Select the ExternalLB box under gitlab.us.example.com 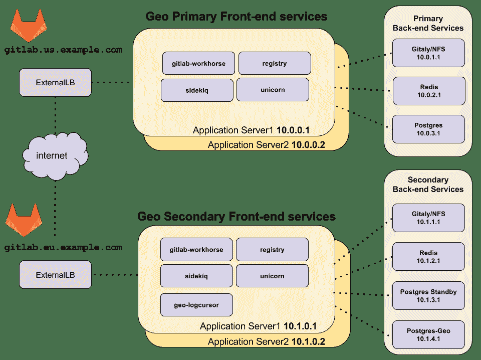[56, 82]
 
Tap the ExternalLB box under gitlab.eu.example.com [56, 274]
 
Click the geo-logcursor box [196, 305]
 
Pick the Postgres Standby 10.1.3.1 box [428, 296]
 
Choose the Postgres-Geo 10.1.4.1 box [428, 334]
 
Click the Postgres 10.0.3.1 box [428, 129]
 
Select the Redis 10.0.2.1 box [428, 91]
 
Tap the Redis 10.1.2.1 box [428, 257]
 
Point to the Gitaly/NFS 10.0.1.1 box [428, 53]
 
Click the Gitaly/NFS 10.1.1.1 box [428, 218]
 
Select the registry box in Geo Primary [274, 63]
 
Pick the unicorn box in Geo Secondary [272, 276]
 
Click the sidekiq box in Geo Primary [197, 90]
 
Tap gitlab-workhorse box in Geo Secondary [196, 250]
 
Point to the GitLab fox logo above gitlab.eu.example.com [23, 220]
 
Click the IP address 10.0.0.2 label [308, 145]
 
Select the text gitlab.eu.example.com [63, 247]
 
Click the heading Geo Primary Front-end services [236, 17]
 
